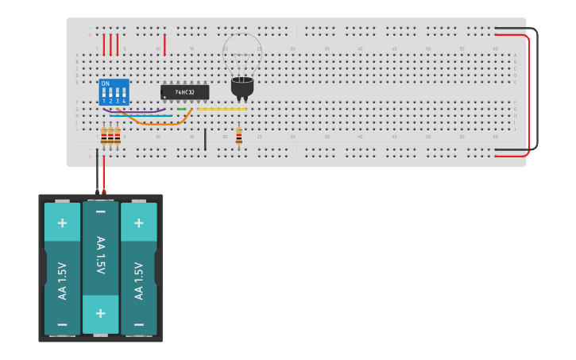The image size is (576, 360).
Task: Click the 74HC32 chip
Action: tap(185, 92)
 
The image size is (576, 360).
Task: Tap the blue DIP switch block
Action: tap(114, 92)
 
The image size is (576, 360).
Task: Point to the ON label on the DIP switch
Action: tap(105, 83)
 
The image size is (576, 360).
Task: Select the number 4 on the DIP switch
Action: tap(123, 102)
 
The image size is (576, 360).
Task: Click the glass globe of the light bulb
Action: tap(242, 54)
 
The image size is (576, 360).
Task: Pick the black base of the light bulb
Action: tap(242, 87)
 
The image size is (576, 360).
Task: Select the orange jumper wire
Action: tap(159, 124)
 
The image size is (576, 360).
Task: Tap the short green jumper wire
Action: tap(182, 109)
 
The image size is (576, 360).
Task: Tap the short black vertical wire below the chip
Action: tap(205, 139)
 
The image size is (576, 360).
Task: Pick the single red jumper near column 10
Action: tap(164, 45)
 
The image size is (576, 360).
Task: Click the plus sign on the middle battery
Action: tap(101, 313)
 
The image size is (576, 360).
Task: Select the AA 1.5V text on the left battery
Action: tap(63, 280)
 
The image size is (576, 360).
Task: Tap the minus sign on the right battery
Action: tap(139, 324)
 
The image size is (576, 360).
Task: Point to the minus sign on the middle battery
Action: tap(101, 212)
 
